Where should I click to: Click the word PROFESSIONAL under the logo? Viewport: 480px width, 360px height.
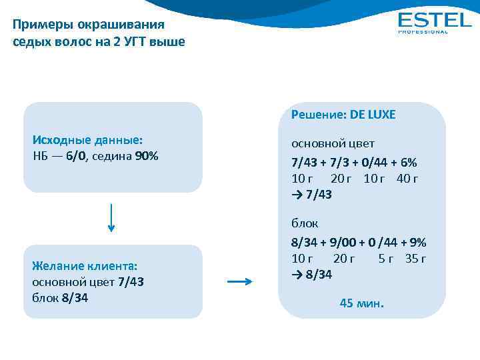coord(423,31)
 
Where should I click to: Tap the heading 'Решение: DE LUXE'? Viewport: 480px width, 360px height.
coord(343,115)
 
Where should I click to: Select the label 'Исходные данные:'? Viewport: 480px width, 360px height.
coord(87,141)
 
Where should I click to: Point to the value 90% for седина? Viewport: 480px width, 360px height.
coord(147,157)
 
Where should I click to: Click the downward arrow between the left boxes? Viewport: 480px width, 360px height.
coord(111,217)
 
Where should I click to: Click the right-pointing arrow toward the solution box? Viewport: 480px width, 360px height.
coord(240,282)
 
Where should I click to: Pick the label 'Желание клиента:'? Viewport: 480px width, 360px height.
coord(85,265)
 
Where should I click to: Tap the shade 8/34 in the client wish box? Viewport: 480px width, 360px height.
coord(75,297)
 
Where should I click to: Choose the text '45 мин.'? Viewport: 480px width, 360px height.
coord(362,303)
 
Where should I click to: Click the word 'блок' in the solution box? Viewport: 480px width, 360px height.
coord(305,224)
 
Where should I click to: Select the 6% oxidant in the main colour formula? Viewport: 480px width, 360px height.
coord(407,163)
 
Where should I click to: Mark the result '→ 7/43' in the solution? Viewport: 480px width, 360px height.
coord(312,195)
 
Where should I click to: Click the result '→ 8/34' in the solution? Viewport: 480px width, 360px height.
coord(312,275)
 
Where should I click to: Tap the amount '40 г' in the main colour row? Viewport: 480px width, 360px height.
coord(407,179)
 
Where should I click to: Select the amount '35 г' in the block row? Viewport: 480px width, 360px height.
coord(415,259)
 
